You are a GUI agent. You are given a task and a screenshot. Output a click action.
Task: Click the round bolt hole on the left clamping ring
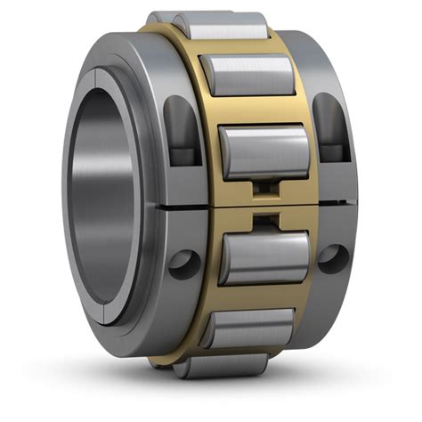[x=185, y=264]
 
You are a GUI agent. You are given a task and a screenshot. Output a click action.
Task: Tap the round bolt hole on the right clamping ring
[x=333, y=259]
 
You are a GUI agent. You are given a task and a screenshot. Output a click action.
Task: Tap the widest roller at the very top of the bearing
[x=208, y=25]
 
